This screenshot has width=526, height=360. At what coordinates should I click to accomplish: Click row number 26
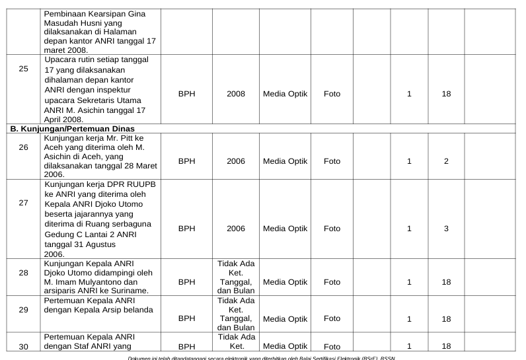click(24, 147)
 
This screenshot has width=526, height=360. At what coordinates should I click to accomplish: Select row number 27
click(24, 203)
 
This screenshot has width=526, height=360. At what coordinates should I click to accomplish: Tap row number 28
click(24, 272)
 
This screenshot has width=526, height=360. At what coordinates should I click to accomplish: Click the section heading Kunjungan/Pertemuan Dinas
click(73, 128)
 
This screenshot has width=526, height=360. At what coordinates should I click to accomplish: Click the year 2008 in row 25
click(236, 94)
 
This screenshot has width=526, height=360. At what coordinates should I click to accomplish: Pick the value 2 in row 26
click(446, 161)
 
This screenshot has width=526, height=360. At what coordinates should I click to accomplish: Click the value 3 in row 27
click(446, 229)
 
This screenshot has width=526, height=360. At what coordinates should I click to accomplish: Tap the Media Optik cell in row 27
click(285, 229)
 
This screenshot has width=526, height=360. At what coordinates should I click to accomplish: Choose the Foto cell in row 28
click(332, 282)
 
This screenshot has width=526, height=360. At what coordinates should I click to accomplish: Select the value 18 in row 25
click(446, 94)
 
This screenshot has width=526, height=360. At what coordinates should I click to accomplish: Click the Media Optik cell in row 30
click(285, 345)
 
